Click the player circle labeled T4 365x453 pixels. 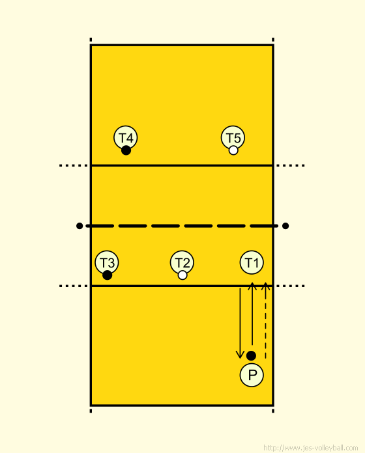pos(126,137)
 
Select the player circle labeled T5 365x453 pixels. pos(233,137)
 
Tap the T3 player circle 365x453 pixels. pos(107,262)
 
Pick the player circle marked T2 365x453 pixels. pos(182,262)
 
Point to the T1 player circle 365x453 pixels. pos(252,262)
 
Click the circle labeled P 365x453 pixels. pos(252,375)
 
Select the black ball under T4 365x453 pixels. pos(126,150)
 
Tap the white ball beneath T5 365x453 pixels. pos(233,150)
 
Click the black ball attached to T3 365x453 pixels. pos(107,275)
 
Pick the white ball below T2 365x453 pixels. pos(182,275)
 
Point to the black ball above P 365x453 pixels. pos(251,355)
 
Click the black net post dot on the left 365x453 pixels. pos(80,226)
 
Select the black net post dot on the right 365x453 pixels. pos(285,226)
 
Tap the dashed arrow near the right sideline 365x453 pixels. pos(265,321)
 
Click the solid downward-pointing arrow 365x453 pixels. pos(240,323)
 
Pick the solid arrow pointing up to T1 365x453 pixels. pos(252,314)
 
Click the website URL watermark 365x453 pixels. pos(311,448)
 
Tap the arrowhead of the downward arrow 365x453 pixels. pos(240,355)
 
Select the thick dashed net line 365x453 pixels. pos(182,226)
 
